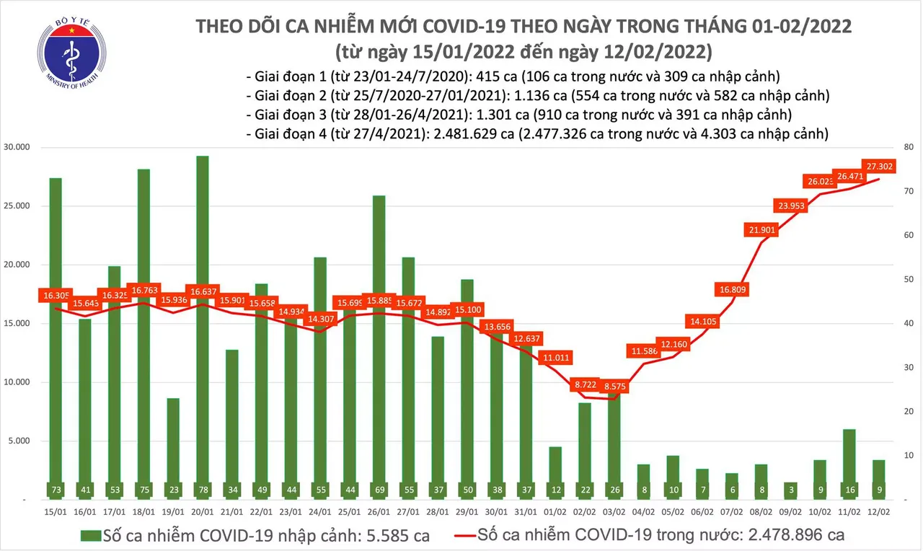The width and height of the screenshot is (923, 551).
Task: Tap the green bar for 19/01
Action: [x=173, y=447]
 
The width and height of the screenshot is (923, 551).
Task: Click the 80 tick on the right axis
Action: [x=906, y=148]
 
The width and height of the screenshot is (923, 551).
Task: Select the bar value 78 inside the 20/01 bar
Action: [x=203, y=490]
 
